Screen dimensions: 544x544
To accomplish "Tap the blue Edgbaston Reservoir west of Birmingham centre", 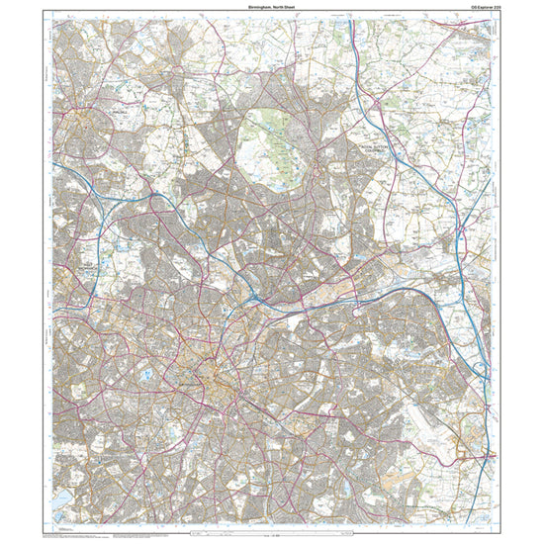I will pyautogui.click(x=146, y=374).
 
